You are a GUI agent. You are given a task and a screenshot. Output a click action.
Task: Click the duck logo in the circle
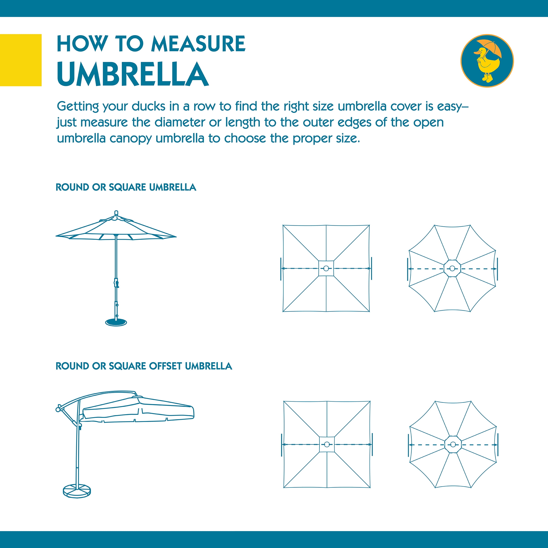pyautogui.click(x=487, y=61)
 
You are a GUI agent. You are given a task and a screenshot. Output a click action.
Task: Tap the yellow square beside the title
pyautogui.click(x=21, y=60)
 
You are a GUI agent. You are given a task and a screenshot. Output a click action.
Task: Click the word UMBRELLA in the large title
pyautogui.click(x=133, y=74)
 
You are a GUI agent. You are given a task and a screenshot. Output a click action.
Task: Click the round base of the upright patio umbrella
pyautogui.click(x=116, y=322)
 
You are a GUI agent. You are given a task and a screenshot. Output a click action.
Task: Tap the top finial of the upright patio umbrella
pyautogui.click(x=116, y=213)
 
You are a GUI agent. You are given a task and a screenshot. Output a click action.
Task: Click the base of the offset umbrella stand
pyautogui.click(x=77, y=491)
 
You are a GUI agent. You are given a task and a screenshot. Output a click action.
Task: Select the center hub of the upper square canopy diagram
pyautogui.click(x=326, y=268)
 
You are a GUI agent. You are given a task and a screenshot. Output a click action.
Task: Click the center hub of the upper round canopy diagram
pyautogui.click(x=452, y=268)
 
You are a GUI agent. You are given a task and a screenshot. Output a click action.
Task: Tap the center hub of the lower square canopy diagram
pyautogui.click(x=327, y=445)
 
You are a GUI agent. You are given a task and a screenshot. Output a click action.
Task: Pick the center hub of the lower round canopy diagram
pyautogui.click(x=453, y=445)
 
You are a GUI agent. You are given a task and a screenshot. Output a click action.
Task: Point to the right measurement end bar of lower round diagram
pyautogui.click(x=498, y=445)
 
